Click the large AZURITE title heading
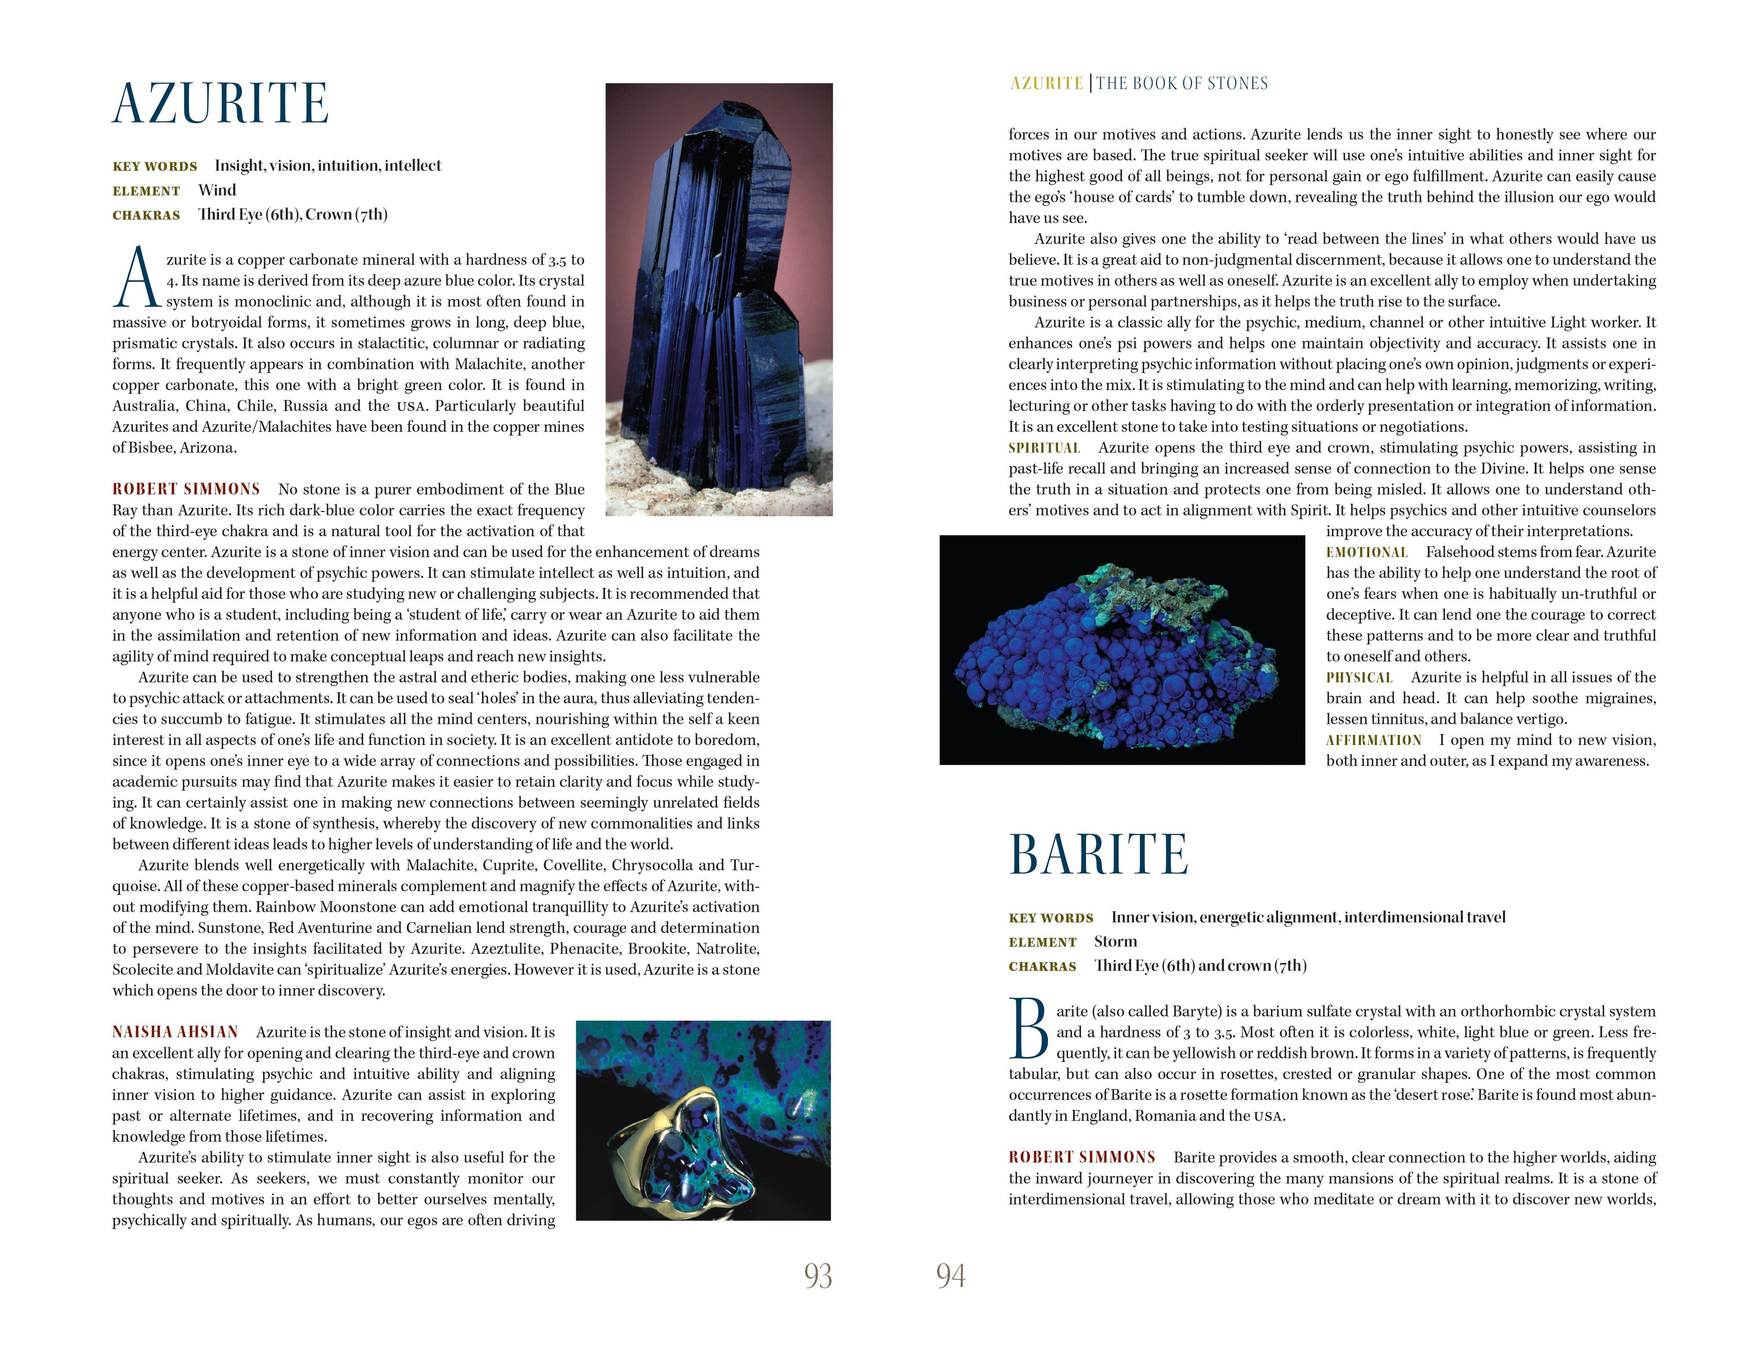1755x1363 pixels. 220,105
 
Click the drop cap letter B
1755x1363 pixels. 1029,1029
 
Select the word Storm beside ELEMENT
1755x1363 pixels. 1115,941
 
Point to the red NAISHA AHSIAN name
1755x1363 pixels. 175,1032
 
